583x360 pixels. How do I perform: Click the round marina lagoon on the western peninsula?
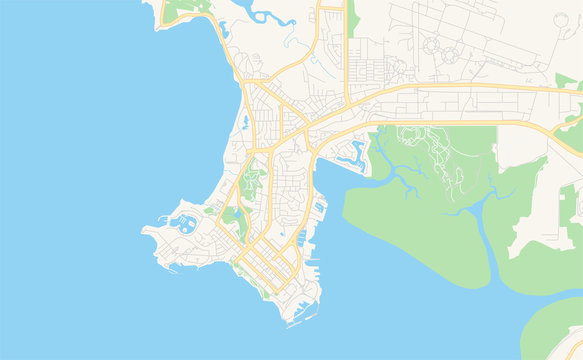coord(184,224)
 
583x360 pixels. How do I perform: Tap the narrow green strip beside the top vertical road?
coord(352,18)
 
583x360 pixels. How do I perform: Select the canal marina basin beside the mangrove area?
coord(355,152)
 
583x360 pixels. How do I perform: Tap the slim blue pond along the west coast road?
coord(245,123)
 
